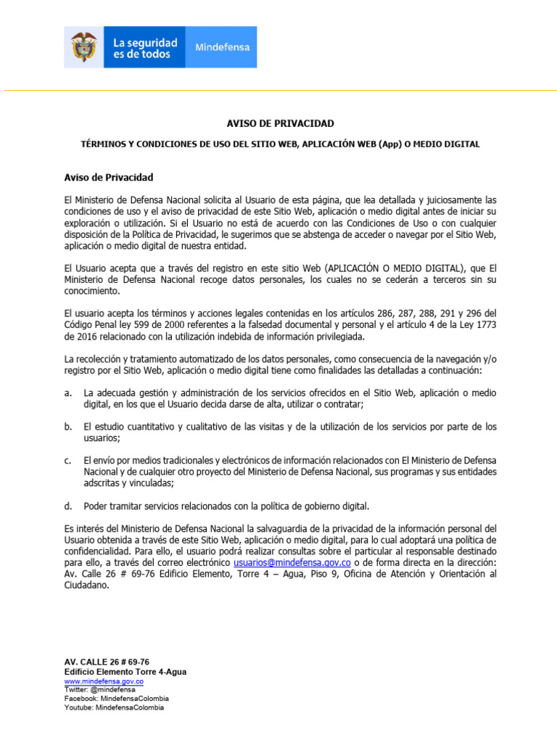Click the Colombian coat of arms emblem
[83, 47]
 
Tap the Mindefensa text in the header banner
[223, 47]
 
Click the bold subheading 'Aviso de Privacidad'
[109, 177]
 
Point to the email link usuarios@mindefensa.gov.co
[292, 563]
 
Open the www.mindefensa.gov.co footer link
[104, 682]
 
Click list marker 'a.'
[67, 393]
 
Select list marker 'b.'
[67, 427]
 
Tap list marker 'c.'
[67, 460]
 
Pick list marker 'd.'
[67, 506]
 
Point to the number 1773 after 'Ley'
[485, 325]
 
